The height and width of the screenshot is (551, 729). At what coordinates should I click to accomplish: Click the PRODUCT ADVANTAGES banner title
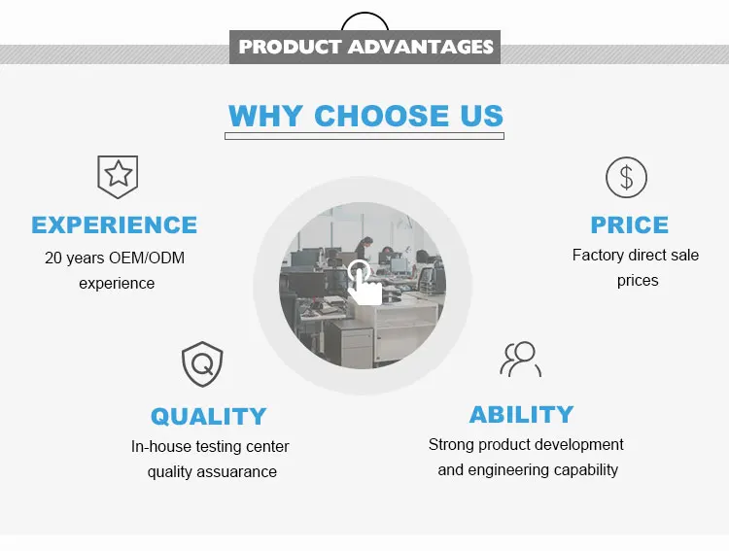365,47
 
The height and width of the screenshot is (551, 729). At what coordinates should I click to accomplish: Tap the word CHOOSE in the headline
382,116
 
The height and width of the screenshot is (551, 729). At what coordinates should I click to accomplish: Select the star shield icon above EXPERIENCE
118,177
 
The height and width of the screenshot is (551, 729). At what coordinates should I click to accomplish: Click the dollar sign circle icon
626,177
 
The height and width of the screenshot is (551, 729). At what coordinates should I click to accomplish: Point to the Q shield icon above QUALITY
202,364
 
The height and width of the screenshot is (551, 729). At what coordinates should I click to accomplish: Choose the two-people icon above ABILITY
521,359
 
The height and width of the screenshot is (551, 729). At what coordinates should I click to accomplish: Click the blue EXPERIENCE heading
115,225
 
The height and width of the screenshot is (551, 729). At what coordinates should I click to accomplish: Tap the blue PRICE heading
630,225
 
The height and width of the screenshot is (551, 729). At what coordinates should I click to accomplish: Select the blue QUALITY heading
208,416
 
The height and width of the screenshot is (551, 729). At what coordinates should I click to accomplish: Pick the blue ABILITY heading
521,414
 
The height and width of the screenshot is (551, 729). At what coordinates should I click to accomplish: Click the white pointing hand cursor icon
364,283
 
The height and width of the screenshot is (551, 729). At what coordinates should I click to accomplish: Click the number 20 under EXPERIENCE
53,258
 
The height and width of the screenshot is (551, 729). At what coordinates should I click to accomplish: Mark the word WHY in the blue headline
265,116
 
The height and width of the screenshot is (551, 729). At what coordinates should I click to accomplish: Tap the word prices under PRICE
638,281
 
